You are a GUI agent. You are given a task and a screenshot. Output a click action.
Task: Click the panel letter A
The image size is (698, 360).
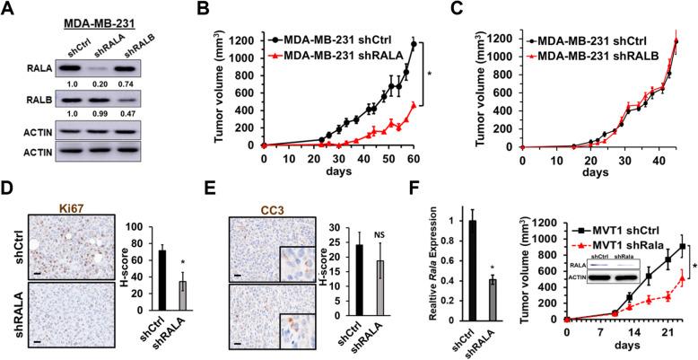(8, 9)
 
